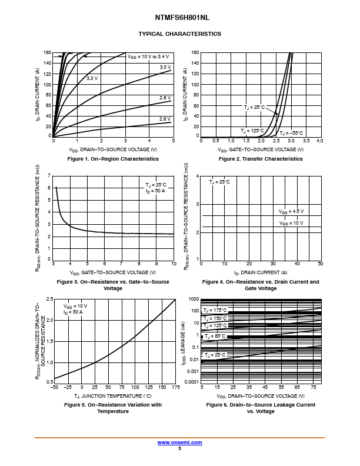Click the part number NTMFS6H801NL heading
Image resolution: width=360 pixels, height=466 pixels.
179,18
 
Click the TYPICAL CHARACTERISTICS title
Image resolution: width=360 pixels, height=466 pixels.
179,34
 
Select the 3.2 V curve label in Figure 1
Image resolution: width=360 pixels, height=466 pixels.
92,78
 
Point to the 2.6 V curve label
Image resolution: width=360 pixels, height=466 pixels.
165,119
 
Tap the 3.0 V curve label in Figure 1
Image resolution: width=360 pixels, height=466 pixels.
165,68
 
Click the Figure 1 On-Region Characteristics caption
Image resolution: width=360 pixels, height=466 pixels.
113,159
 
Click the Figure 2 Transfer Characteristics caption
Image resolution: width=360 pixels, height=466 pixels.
261,159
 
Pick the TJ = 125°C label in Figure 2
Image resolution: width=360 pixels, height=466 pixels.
252,131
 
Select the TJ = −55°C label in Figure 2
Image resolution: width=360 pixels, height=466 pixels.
291,133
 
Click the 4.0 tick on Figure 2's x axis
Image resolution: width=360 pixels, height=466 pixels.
319,142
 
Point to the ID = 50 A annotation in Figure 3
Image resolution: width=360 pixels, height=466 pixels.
156,191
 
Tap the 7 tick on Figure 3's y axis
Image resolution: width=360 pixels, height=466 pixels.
49,176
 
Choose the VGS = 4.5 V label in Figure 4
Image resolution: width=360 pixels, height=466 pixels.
291,211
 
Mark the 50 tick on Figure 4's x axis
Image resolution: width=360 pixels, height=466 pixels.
320,264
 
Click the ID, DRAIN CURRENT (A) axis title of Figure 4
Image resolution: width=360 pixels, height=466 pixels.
261,272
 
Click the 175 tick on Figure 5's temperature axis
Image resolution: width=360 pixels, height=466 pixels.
175,387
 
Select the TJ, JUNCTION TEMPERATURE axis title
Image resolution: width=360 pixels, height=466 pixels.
113,396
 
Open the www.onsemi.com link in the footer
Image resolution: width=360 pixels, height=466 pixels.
179,442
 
